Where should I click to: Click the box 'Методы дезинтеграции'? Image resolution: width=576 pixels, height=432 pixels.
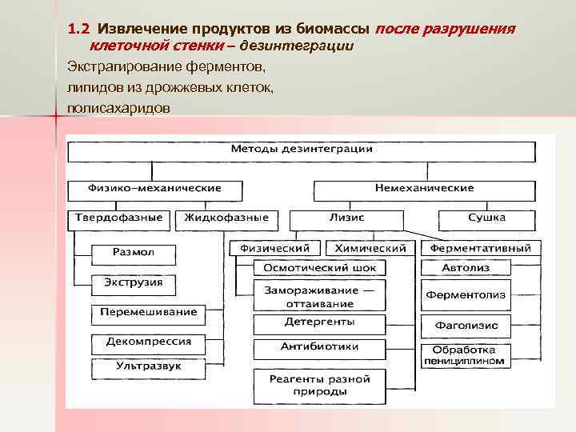click(x=302, y=150)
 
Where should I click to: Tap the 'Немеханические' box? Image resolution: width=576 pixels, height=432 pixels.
click(x=424, y=189)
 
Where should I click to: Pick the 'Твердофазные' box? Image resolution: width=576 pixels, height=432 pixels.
click(x=118, y=218)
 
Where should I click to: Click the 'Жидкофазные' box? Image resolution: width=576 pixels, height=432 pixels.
click(x=226, y=218)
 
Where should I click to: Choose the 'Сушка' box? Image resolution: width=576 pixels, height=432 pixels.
click(x=486, y=218)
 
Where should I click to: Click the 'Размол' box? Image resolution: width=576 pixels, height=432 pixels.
click(x=133, y=252)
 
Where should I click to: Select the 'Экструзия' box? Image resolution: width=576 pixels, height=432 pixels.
click(x=133, y=282)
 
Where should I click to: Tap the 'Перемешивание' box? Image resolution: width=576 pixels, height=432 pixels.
click(x=149, y=312)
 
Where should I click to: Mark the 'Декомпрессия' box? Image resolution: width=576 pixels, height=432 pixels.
click(x=149, y=342)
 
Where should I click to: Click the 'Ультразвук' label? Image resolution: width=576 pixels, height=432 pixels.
click(x=149, y=366)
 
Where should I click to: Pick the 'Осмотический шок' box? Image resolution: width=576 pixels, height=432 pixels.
click(x=319, y=267)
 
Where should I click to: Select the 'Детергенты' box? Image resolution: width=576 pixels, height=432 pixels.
click(x=319, y=322)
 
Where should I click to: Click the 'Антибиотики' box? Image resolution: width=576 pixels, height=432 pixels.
click(x=319, y=347)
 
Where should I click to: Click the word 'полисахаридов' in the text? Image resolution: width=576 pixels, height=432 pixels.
click(x=118, y=106)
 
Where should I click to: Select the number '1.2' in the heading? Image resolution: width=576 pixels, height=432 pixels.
click(x=77, y=30)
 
